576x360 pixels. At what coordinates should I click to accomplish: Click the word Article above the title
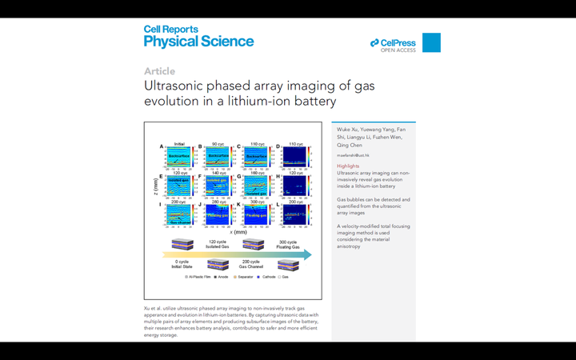click(x=159, y=71)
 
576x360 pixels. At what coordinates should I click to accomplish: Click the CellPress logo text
click(x=397, y=42)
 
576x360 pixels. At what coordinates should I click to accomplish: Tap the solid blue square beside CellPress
click(x=431, y=42)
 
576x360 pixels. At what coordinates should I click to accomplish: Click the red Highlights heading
click(x=349, y=166)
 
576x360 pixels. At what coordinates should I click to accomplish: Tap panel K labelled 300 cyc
click(x=257, y=215)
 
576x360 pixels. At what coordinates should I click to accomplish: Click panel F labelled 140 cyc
click(x=218, y=187)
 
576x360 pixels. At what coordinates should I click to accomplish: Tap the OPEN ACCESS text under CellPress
click(x=398, y=50)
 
